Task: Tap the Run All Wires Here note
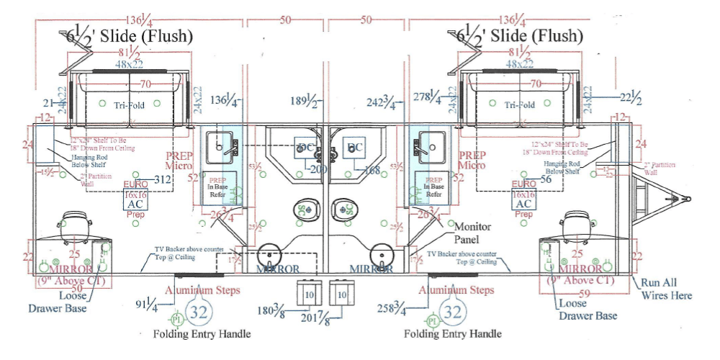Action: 666,289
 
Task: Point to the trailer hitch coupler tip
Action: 687,199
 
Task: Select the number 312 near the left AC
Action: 163,179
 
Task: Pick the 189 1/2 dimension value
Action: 306,102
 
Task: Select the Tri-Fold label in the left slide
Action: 129,104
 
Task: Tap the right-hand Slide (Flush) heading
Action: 516,35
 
